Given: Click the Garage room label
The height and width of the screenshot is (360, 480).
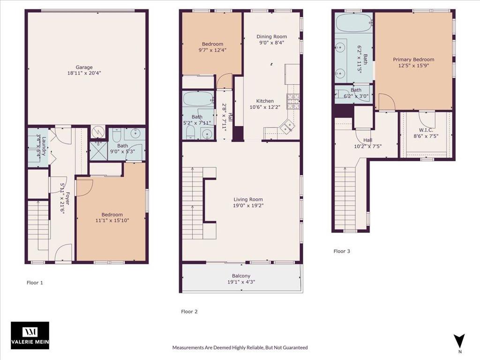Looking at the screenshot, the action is [x=84, y=67].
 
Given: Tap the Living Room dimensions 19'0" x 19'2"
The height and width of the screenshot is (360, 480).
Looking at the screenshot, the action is [x=248, y=205].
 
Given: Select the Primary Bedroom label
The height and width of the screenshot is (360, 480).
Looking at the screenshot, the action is [x=413, y=60].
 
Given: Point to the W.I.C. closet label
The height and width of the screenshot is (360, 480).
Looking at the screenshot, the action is [x=426, y=130].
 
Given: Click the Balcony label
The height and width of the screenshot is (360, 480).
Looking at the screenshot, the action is [x=241, y=276].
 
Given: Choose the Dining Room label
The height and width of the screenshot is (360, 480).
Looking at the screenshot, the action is [x=272, y=37].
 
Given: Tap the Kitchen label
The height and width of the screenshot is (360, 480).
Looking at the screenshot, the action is [x=265, y=101].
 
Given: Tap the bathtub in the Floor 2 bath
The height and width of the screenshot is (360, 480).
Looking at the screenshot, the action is [x=198, y=98].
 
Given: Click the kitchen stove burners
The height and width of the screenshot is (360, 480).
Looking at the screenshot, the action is [x=292, y=102].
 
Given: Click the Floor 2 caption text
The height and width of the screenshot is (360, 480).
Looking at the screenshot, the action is [x=189, y=312].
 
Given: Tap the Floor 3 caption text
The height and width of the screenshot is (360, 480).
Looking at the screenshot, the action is [x=342, y=251].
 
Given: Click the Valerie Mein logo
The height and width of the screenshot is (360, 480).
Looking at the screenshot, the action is [x=30, y=335].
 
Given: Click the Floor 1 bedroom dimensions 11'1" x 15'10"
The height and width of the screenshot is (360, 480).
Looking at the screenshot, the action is [x=112, y=220].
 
